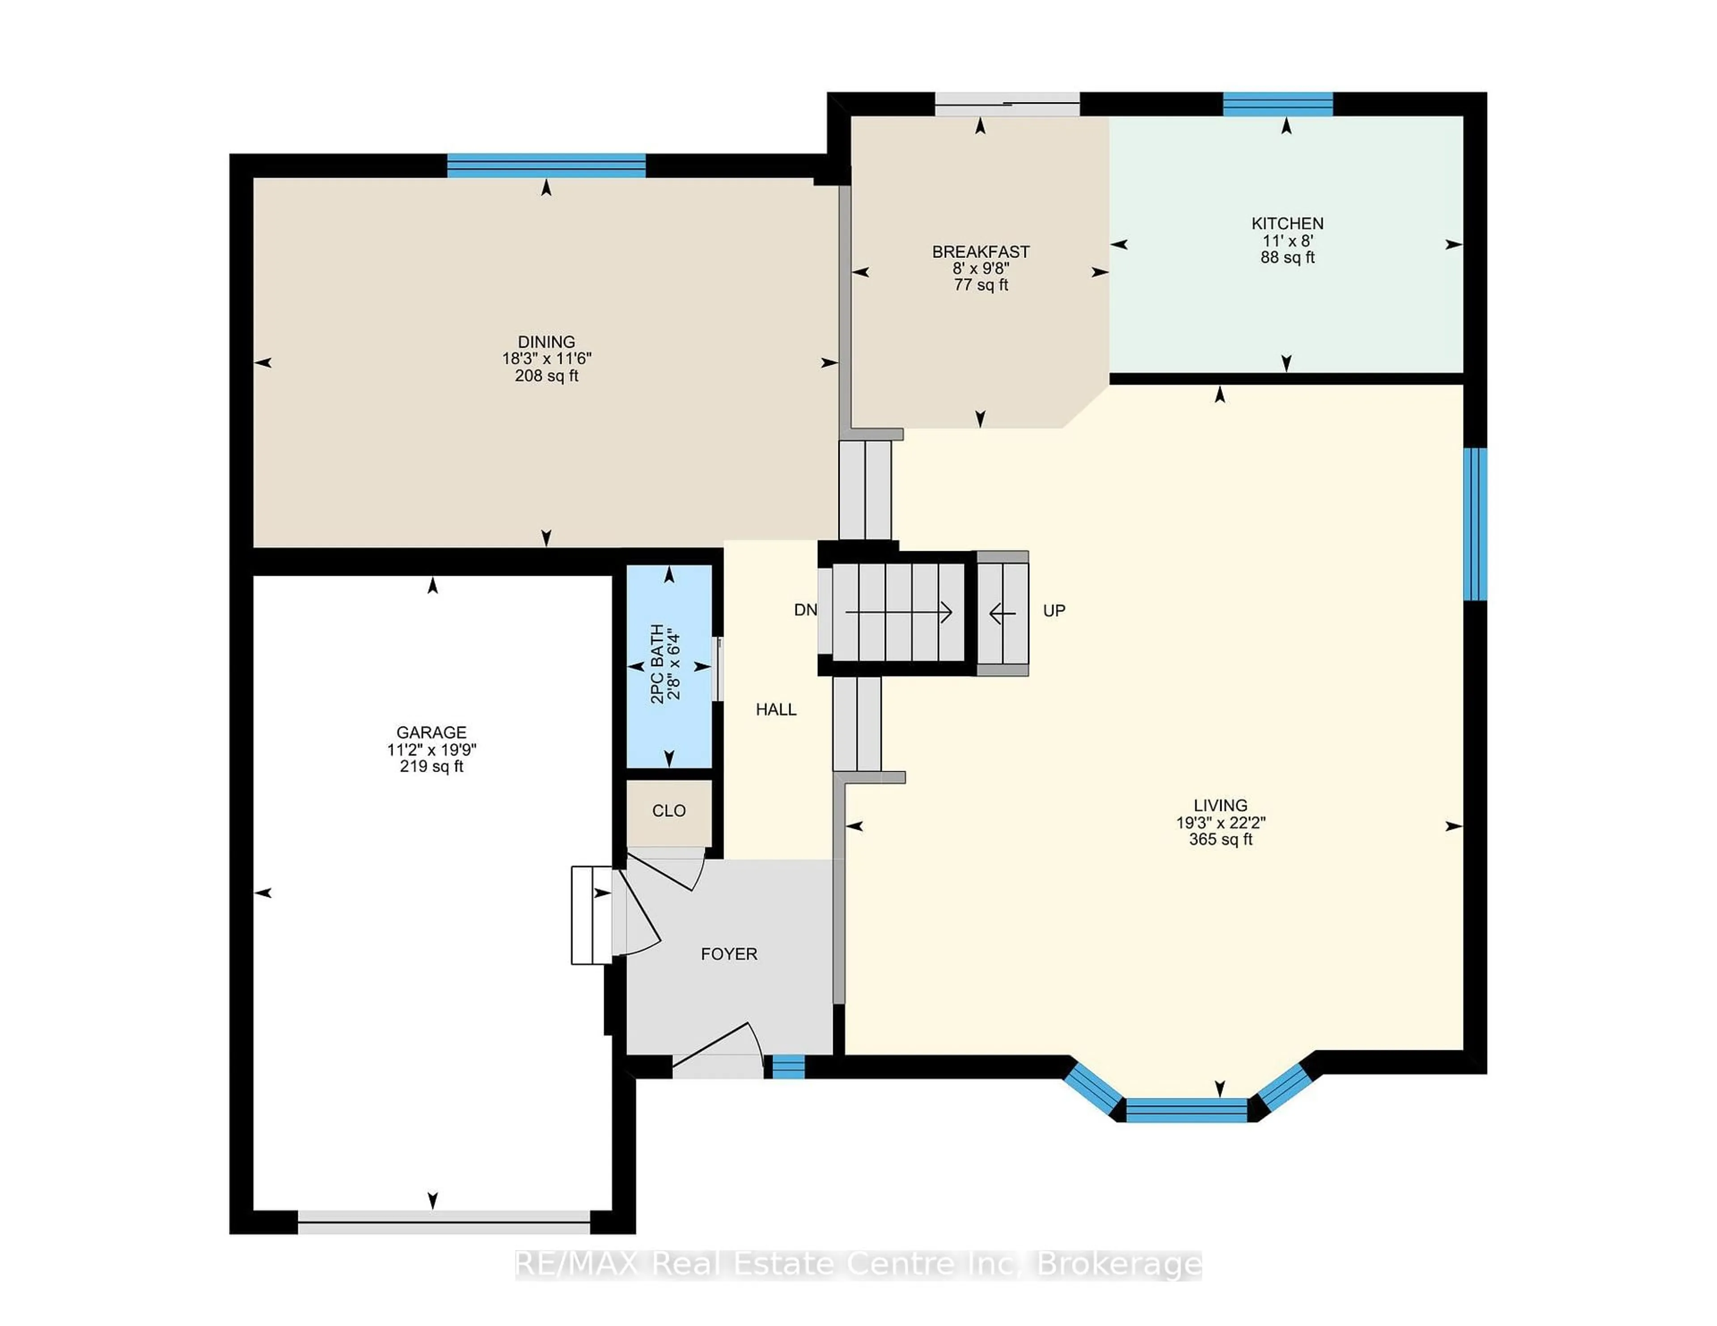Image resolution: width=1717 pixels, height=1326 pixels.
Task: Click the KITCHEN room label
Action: point(1287,223)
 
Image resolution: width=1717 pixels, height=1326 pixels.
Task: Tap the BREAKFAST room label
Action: point(981,252)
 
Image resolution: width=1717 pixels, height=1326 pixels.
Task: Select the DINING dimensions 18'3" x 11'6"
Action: point(546,359)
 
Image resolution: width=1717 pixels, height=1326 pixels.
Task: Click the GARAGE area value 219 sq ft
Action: point(431,766)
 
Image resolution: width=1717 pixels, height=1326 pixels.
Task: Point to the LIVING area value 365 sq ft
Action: point(1220,840)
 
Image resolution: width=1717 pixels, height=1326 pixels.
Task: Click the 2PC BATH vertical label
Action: point(657,664)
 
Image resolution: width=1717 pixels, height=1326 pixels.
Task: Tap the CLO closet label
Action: point(669,811)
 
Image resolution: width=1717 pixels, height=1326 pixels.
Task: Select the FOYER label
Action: point(729,954)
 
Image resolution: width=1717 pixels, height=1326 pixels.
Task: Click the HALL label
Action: point(776,709)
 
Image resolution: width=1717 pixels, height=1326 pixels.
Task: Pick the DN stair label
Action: point(805,610)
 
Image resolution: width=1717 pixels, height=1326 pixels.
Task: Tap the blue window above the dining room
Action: point(546,166)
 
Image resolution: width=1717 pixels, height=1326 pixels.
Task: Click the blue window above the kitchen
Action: point(1277,104)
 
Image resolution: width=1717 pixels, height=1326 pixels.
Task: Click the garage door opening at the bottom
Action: point(444,1221)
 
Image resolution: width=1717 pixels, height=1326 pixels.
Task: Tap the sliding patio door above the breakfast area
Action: point(1007,104)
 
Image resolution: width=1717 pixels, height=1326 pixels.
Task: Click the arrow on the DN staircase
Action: point(899,612)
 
